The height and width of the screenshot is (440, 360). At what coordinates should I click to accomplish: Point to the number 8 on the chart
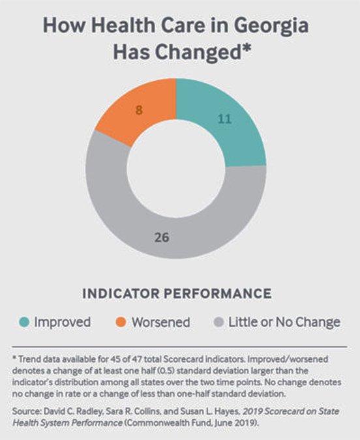pyautogui.click(x=139, y=110)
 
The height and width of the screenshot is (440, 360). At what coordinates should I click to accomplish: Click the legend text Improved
pyautogui.click(x=62, y=322)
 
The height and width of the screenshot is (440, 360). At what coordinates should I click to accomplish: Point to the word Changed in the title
pyautogui.click(x=196, y=53)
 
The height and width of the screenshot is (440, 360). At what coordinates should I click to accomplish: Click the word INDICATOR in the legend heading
pyautogui.click(x=124, y=293)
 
